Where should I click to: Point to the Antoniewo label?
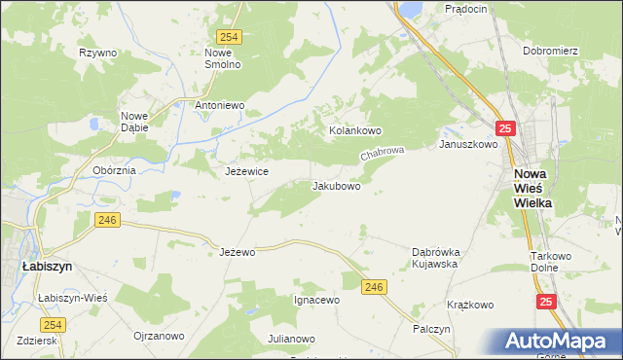(219, 105)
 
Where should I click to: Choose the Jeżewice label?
(246, 171)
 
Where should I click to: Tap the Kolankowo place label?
(355, 130)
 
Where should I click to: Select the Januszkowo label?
(468, 144)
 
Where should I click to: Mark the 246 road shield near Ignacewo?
(375, 286)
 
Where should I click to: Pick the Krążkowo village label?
(470, 305)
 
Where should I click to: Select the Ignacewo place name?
(316, 300)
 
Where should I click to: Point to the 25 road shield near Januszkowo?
(503, 128)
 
